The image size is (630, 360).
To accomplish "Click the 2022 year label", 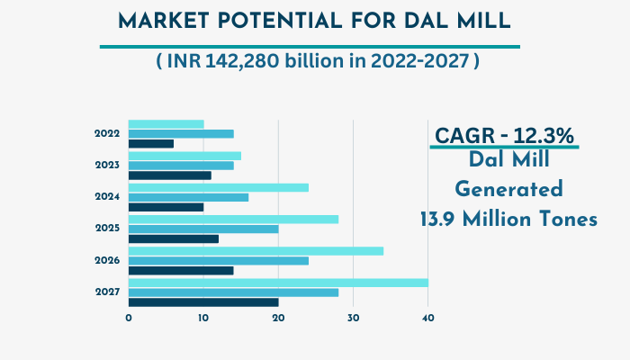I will (107, 133).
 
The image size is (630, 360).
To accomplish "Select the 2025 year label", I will (107, 229).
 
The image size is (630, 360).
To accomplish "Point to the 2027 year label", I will (107, 292).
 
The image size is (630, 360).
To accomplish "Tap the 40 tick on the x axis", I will (428, 318).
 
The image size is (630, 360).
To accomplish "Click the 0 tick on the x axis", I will (129, 318).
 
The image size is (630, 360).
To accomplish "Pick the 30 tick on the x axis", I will (354, 318).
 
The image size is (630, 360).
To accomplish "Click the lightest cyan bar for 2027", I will (278, 283).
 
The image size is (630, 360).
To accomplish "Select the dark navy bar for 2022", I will (151, 144).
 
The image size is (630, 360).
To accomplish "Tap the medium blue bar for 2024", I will (188, 197).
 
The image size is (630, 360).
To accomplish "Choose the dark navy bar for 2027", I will (203, 302).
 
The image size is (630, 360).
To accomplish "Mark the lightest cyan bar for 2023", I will (184, 156).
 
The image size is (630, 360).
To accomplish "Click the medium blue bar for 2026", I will (219, 261).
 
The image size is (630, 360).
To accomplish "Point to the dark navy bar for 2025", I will (174, 239).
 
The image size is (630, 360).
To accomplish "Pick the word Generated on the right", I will (508, 190).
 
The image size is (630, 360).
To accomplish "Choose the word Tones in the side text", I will (565, 219).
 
